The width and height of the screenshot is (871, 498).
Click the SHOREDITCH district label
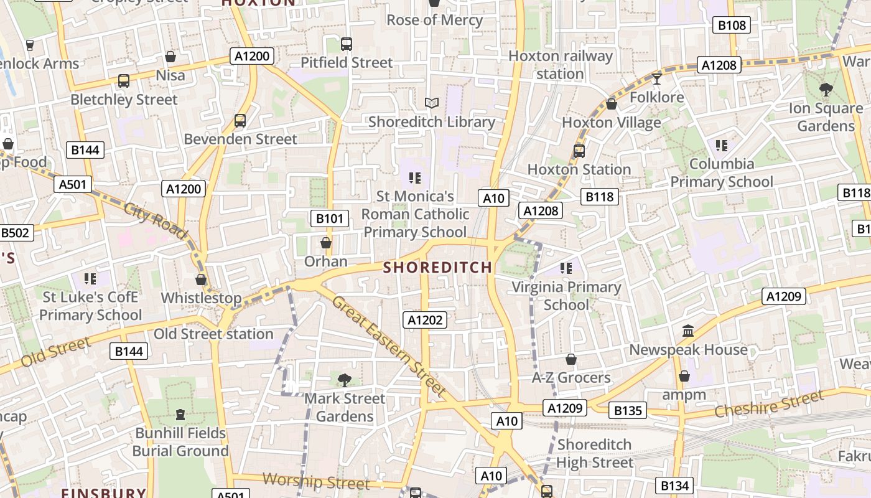[x=437, y=268]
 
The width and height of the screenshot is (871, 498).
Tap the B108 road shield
[x=732, y=25]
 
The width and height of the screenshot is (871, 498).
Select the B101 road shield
[x=329, y=218]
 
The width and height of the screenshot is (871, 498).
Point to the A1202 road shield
[x=425, y=320]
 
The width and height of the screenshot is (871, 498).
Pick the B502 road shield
[x=15, y=233]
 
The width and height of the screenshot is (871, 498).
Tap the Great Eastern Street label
[x=389, y=346]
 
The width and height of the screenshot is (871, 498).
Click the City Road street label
[x=156, y=220]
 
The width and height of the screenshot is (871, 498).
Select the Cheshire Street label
[x=769, y=403]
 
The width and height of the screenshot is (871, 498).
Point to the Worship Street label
[x=316, y=481]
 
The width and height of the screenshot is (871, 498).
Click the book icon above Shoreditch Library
[x=432, y=103]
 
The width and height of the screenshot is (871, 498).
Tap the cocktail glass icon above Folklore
[x=656, y=78]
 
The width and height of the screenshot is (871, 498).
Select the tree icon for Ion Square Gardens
[x=826, y=90]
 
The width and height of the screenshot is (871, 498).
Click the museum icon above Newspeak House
[x=687, y=331]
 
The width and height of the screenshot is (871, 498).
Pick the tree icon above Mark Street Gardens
[x=344, y=380]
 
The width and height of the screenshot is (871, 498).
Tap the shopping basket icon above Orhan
[x=325, y=243]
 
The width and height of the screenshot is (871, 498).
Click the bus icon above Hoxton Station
[x=579, y=151]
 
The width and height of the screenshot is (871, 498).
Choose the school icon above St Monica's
[x=415, y=178]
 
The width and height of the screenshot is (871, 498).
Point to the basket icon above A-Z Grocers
[x=571, y=359]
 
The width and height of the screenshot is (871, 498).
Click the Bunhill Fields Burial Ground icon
[x=180, y=414]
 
